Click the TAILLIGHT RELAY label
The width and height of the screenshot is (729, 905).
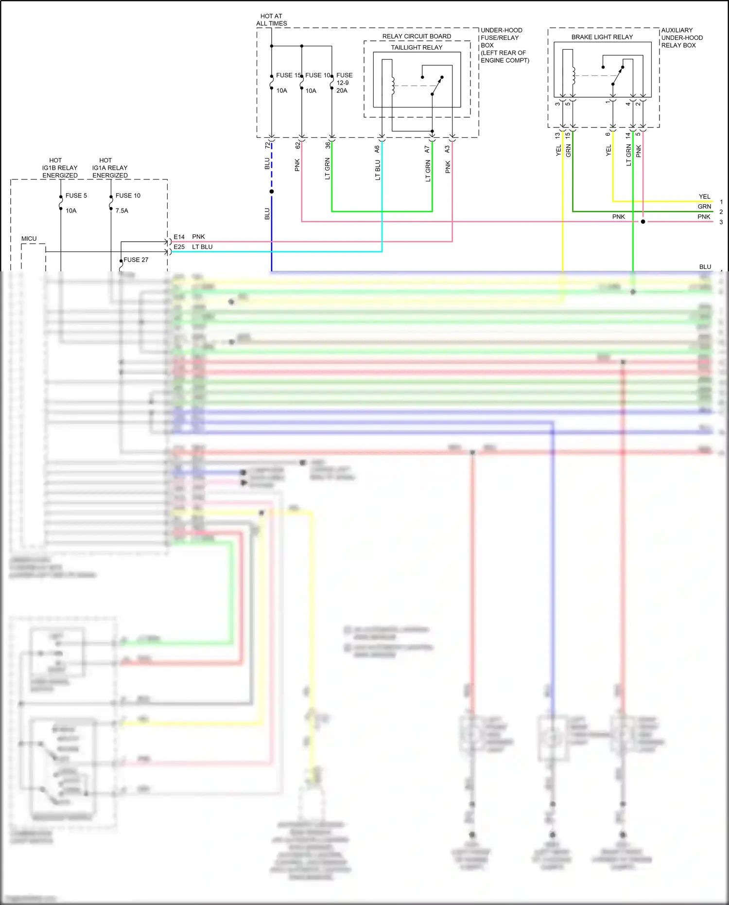(417, 47)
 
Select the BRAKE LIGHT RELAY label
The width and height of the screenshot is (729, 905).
(602, 37)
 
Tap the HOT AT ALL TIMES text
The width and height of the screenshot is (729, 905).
(271, 20)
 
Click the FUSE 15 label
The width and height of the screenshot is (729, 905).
(288, 75)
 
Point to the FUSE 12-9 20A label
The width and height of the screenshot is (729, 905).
(344, 83)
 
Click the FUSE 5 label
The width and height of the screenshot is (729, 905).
(76, 195)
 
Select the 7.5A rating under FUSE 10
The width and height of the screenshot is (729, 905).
(122, 211)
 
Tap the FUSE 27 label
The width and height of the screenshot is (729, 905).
(136, 260)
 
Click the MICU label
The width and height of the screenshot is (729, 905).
(29, 239)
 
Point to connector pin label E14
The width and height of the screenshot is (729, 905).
(179, 237)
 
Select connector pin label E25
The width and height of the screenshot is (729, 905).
(179, 247)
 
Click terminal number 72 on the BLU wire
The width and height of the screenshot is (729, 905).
(267, 145)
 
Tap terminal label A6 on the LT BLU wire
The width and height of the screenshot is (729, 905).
(377, 149)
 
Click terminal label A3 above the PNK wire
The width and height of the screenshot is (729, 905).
(447, 149)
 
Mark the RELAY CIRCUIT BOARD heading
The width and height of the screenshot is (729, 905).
(417, 36)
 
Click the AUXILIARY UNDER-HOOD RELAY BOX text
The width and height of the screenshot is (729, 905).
(681, 37)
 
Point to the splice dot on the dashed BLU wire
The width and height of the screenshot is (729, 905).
(272, 192)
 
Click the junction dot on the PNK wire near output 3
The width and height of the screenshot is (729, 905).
(643, 222)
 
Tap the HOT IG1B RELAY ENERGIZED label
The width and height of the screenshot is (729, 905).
(59, 168)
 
